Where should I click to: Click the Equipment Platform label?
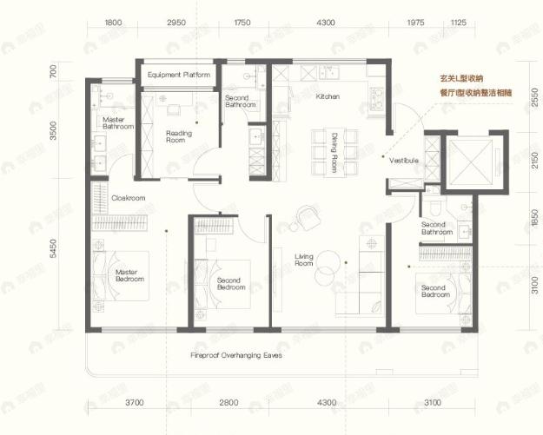coord(179,76)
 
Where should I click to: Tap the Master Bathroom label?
coord(117,123)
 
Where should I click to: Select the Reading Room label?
coord(177,136)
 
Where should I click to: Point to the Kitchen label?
coord(327,96)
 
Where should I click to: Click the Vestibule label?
coord(405,161)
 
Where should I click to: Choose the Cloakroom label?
coord(128,198)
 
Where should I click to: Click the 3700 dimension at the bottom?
coord(133,404)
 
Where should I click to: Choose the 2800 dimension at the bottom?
coord(229,404)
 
